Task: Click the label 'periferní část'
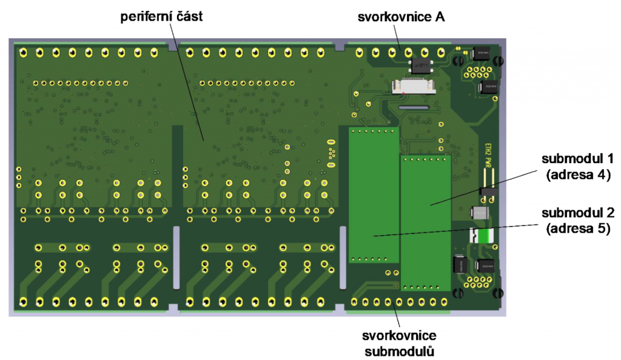coord(161,16)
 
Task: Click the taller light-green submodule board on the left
coord(374,194)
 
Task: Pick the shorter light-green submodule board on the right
coord(425,221)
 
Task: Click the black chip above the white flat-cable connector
coord(419,64)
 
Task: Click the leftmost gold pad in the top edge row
coord(23,53)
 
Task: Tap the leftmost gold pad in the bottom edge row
coord(23,302)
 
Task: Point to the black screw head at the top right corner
coord(498,61)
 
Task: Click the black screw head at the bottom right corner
coord(498,293)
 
